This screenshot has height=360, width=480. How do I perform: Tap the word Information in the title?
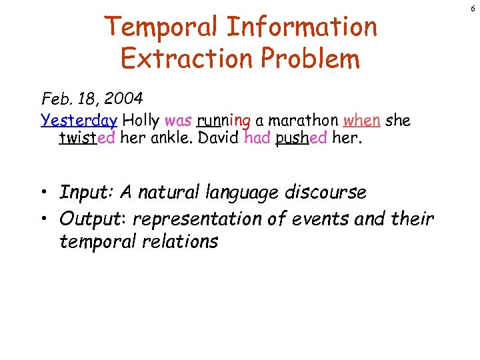tap(301, 27)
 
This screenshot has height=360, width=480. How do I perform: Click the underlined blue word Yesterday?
tap(79, 121)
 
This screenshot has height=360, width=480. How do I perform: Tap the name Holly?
tap(141, 121)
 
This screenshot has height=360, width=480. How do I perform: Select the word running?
tap(223, 121)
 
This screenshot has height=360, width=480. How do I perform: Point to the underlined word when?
tap(362, 121)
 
